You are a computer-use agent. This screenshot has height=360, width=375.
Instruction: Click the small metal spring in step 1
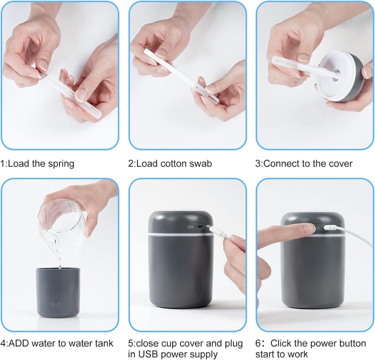point(43,73)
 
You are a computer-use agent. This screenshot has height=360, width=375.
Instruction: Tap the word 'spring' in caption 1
point(61,164)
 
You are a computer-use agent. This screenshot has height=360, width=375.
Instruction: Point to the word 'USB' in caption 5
point(148,354)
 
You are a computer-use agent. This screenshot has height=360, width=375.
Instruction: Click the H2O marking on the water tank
point(56,304)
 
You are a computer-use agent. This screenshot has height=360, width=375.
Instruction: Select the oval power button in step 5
point(190,227)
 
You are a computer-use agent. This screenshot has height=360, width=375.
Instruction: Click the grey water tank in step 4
point(58,293)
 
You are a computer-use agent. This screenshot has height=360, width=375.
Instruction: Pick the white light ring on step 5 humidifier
point(180,235)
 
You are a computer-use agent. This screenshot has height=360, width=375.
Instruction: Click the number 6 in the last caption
point(258,343)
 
